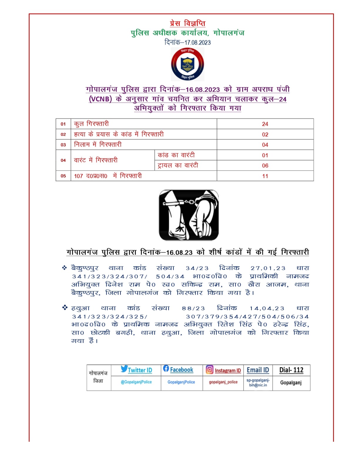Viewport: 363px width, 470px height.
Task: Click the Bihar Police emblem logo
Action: pos(187,64)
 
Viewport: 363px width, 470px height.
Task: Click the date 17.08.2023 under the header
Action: pos(197,43)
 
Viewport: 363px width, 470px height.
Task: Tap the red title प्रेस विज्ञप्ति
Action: pos(187,23)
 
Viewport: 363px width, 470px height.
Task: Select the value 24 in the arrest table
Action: pos(265,124)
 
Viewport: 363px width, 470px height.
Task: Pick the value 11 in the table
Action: pos(265,176)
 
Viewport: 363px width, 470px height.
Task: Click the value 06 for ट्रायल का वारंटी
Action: pos(265,166)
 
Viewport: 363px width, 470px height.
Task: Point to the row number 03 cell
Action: pos(63,145)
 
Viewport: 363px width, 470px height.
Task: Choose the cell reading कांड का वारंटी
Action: pos(176,155)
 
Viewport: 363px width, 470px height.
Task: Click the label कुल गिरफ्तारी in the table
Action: pos(91,124)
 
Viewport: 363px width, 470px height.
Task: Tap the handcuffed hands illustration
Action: pos(189,215)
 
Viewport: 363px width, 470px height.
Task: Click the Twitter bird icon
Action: pos(124,369)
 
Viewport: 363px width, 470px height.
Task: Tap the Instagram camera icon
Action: pos(209,369)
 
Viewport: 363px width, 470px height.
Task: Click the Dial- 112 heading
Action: pos(291,370)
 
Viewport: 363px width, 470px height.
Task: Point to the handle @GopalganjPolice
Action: pos(136,382)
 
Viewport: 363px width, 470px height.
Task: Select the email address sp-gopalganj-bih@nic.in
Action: pos(258,382)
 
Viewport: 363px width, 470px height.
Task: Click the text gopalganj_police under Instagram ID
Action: pos(223,382)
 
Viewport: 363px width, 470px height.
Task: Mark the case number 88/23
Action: pos(193,308)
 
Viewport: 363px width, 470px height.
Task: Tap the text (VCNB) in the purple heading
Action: pos(100,99)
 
